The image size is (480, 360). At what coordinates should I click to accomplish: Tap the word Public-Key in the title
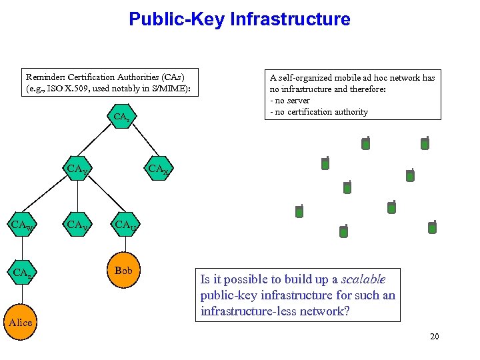coord(177,19)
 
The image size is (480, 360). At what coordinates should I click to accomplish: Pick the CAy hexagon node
coord(77,169)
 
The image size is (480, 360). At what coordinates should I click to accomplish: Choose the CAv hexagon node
coord(77,225)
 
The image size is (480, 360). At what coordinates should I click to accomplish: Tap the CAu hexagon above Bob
coord(125,225)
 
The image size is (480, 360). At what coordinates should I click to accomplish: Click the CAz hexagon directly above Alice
coord(21,273)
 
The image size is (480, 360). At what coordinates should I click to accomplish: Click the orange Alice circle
coord(20,322)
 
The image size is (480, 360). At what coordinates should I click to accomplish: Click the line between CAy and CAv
coord(77,197)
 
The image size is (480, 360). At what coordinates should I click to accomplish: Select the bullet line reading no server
coord(291,101)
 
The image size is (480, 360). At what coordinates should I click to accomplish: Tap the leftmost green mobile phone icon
coord(299,211)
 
